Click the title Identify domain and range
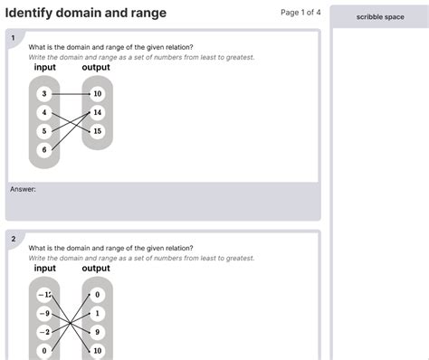coord(86,13)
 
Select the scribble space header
coord(379,17)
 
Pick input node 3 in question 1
coord(43,94)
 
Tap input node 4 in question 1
coord(43,113)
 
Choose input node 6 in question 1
coord(43,149)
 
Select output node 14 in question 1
coord(97,113)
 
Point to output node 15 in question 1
coord(97,131)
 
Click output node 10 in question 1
coord(97,94)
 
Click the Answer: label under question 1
coord(23,189)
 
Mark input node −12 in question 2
coord(43,295)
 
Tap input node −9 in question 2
coord(43,313)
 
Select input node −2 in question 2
coord(43,332)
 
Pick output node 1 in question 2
coord(97,313)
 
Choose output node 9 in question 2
coord(97,332)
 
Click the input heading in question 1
coord(44,68)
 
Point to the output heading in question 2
coord(96,269)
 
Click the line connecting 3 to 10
coord(70,94)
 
